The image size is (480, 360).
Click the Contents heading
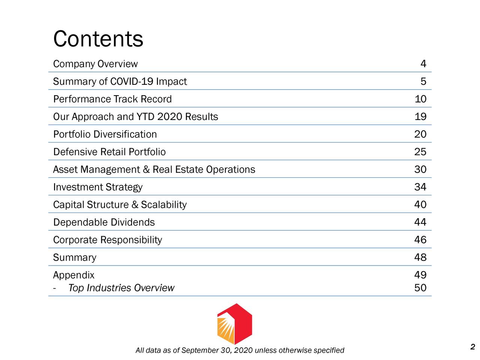[98, 39]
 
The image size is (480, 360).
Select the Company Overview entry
[95, 64]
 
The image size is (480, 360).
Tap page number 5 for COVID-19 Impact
[423, 82]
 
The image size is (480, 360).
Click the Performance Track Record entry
[112, 99]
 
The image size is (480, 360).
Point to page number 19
[420, 117]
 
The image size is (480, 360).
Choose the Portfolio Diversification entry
[105, 134]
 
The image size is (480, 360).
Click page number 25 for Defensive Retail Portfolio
[420, 152]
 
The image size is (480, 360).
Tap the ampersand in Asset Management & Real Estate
[146, 170]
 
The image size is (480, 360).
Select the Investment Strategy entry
[97, 187]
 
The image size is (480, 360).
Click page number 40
[420, 205]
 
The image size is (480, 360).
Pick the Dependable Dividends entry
[104, 222]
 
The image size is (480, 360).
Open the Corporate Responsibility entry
[107, 240]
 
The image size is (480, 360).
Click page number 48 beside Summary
[420, 258]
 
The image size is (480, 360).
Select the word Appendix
[73, 275]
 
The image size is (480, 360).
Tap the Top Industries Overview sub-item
[121, 288]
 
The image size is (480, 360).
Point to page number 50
[420, 288]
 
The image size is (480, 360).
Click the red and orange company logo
[234, 324]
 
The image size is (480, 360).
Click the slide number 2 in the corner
[472, 346]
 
